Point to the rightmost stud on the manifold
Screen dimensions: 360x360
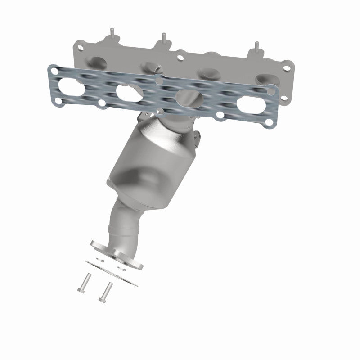pyautogui.click(x=257, y=45)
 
